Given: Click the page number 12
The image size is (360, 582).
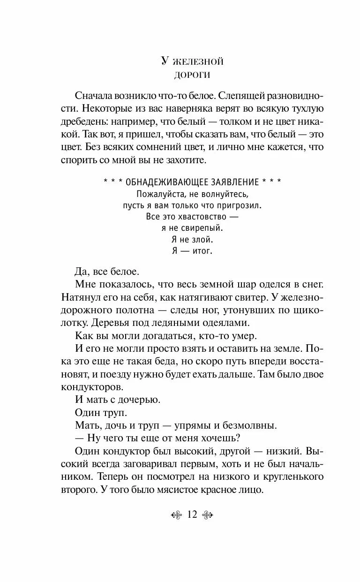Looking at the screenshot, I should [x=192, y=515].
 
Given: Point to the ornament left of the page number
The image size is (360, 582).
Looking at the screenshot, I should [x=176, y=515].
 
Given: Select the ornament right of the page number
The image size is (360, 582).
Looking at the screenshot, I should [x=208, y=515].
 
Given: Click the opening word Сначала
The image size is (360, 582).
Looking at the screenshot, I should [x=96, y=96].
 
